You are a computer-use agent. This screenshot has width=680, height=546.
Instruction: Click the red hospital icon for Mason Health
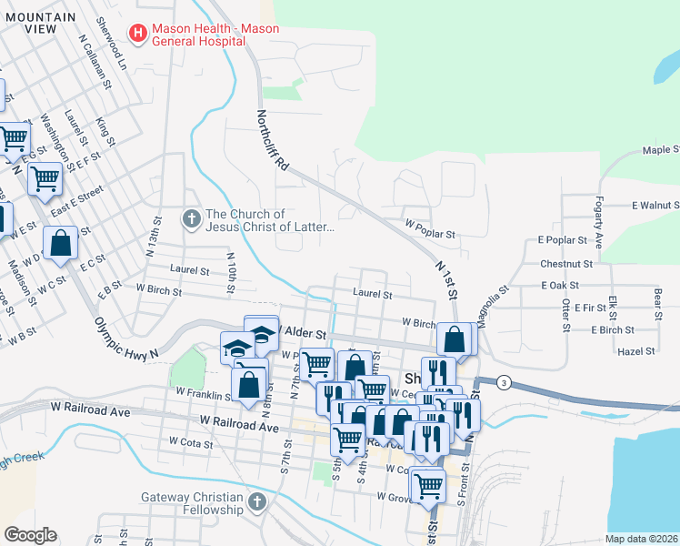click(x=138, y=35)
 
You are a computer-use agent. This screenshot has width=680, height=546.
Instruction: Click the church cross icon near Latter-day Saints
click(x=191, y=219)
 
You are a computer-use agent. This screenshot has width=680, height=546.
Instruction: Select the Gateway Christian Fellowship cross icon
click(x=257, y=502)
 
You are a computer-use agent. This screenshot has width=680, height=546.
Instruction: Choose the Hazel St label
click(x=635, y=350)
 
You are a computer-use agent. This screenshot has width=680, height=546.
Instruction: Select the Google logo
click(x=30, y=534)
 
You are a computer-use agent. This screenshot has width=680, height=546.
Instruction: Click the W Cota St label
click(x=191, y=443)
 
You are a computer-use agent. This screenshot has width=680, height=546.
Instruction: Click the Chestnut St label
click(x=565, y=263)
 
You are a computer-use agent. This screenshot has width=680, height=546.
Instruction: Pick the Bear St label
click(x=656, y=299)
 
